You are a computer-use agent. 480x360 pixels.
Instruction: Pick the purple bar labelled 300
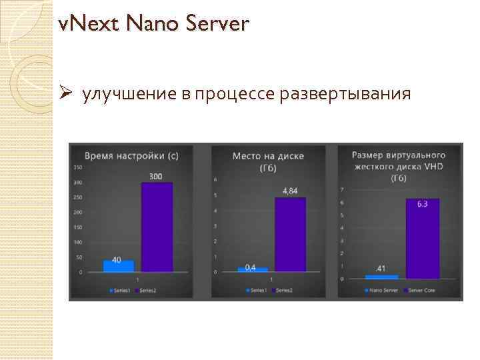point(157,227)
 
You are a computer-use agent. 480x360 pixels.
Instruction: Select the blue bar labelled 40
point(118,266)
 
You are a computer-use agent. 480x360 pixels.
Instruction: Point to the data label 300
point(156,176)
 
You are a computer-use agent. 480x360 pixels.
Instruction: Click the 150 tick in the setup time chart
point(78,167)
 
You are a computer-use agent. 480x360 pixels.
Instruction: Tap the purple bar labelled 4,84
point(290,234)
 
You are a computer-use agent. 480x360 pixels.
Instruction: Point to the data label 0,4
point(250,267)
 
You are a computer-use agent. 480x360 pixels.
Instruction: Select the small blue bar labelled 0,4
point(253,270)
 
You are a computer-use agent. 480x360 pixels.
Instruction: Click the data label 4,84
point(290,191)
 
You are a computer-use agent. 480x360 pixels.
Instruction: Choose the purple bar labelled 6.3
point(423,238)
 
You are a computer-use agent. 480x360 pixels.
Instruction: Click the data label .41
point(381,269)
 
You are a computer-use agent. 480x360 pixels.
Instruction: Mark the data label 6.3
point(423,204)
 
